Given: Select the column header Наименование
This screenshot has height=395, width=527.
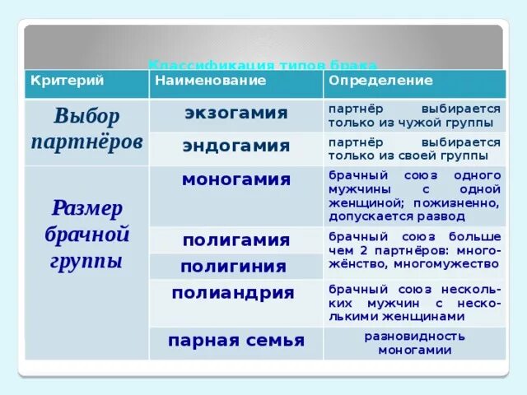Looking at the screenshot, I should click(x=211, y=81).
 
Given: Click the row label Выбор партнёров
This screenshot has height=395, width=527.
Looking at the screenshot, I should click(x=86, y=128).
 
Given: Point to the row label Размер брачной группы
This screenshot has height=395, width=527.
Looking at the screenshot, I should click(x=86, y=235).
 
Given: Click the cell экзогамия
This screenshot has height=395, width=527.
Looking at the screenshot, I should click(x=236, y=113).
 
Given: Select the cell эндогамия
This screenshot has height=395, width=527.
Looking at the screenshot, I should click(x=236, y=146).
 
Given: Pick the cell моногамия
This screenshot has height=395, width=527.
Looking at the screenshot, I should click(x=236, y=179).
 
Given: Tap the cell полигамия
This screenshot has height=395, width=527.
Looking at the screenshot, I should click(x=236, y=240).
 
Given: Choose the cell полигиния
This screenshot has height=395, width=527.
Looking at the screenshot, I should click(x=234, y=267).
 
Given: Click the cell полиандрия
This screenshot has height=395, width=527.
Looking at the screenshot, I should click(x=233, y=293).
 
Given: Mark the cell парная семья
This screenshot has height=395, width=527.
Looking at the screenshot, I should click(x=236, y=341).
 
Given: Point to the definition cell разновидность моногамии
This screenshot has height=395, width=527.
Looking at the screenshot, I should click(x=415, y=343).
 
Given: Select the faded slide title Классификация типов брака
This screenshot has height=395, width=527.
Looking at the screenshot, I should click(x=262, y=65).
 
